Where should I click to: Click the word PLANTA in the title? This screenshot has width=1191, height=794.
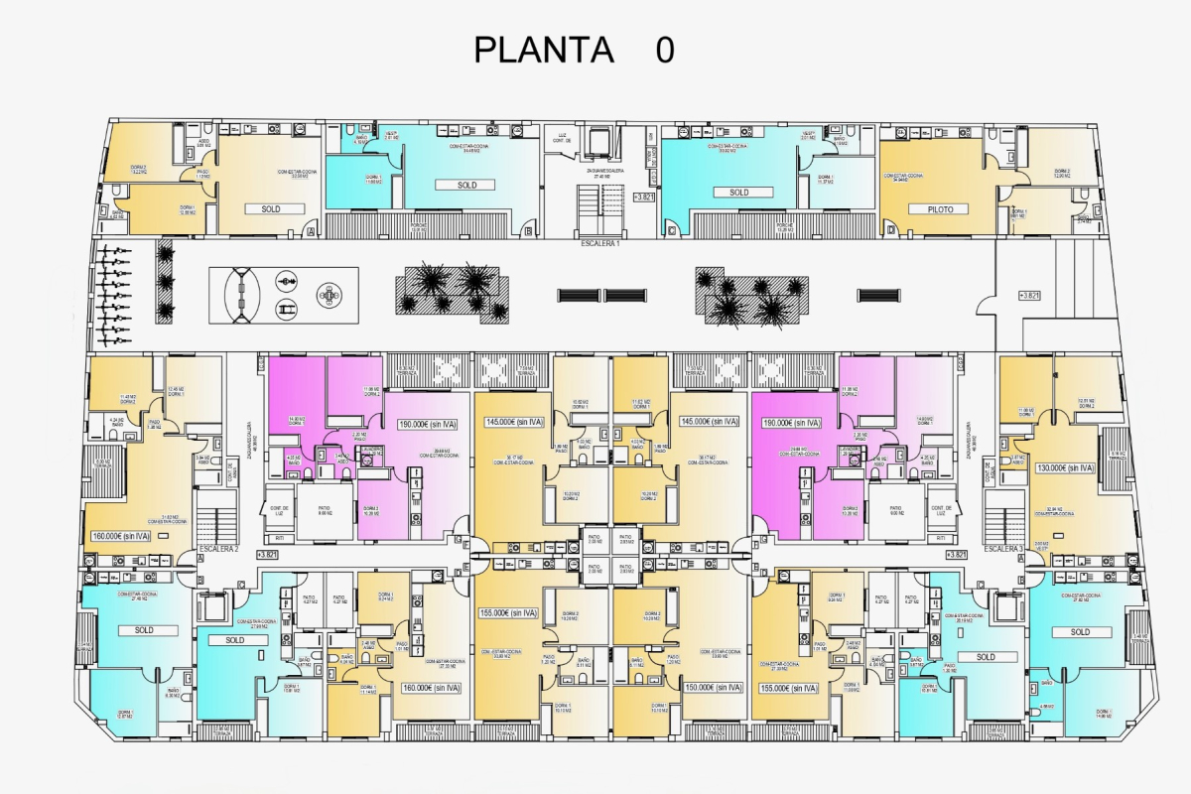click(544, 50)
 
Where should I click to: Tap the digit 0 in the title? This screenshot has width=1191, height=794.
click(665, 50)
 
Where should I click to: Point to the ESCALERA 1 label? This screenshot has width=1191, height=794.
click(600, 243)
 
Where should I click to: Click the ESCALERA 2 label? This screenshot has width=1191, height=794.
click(219, 548)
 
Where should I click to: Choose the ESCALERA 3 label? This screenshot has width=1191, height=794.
click(1003, 548)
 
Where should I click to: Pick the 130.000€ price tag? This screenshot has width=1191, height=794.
click(1065, 467)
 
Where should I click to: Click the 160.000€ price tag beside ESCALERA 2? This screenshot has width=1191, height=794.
click(121, 536)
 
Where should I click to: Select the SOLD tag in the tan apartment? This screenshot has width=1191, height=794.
click(271, 209)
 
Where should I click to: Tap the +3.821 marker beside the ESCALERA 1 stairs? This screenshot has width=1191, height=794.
click(642, 197)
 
